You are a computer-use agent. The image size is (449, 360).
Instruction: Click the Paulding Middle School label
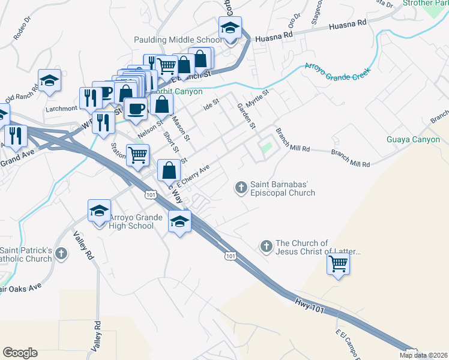(177, 40)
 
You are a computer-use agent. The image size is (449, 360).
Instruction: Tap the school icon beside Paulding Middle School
(230, 28)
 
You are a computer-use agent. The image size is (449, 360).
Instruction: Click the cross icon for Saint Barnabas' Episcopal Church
(241, 188)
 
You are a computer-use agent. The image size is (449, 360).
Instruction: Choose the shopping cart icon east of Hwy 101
(339, 262)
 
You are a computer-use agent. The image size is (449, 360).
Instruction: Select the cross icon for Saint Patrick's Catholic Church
(61, 254)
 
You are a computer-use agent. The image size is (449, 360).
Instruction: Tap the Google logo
(20, 353)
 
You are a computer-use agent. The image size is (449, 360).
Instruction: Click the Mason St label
(181, 128)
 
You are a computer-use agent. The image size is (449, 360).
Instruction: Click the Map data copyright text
(424, 355)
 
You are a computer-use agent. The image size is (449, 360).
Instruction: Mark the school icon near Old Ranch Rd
(50, 81)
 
